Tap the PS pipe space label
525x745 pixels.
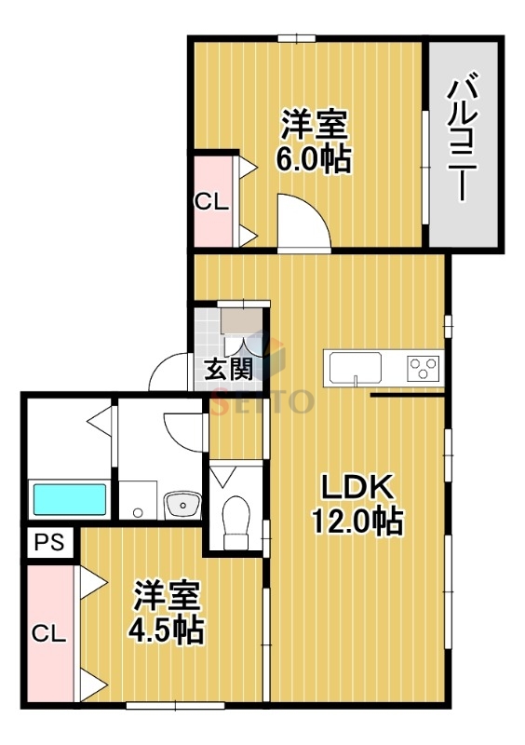(x=49, y=542)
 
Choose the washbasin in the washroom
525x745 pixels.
(x=182, y=506)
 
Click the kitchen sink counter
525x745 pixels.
(x=354, y=366)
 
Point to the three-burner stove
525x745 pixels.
(x=424, y=368)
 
